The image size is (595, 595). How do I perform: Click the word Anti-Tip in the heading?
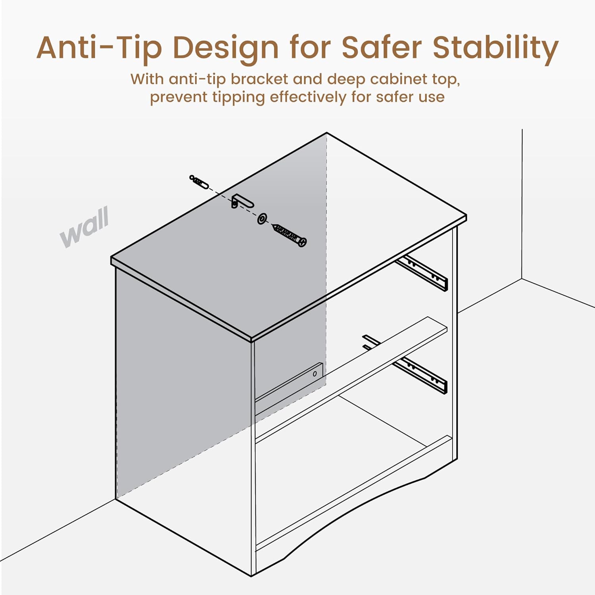point(99,48)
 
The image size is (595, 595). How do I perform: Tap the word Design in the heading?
point(226,48)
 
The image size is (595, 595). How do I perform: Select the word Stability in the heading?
point(495,48)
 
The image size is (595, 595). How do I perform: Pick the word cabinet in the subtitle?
point(399,79)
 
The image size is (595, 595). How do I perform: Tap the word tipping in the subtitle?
point(238,97)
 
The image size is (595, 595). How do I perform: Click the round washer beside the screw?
point(262,218)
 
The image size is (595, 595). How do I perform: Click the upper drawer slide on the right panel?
point(423,273)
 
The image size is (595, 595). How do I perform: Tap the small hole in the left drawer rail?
point(315,374)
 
